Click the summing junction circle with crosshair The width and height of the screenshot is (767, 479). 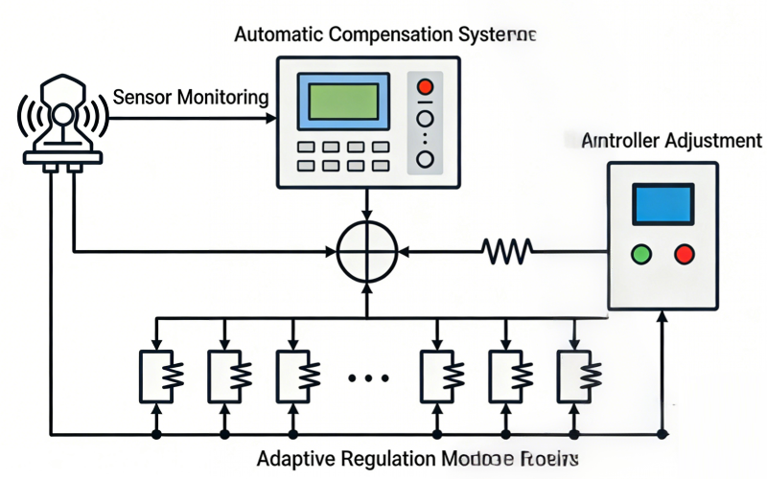[x=367, y=253]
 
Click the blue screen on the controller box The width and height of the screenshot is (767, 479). [x=662, y=205]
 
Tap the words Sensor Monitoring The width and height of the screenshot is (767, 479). [x=191, y=97]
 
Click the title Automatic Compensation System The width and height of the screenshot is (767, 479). [x=384, y=34]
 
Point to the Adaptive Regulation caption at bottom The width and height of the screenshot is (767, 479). [x=418, y=458]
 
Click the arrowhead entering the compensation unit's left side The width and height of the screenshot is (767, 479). [x=270, y=119]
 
